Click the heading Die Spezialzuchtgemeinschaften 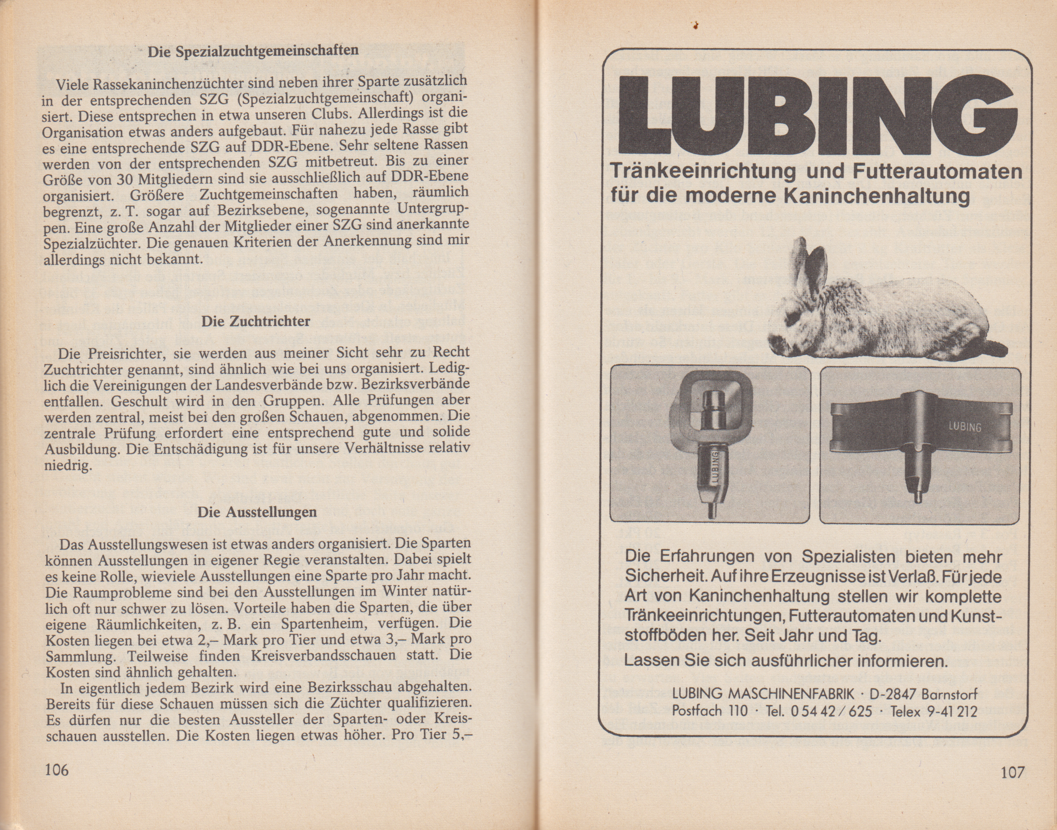[253, 50]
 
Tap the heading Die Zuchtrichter [255, 321]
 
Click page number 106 [57, 769]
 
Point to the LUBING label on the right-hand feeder [965, 427]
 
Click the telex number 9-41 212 [952, 712]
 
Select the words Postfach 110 [710, 711]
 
